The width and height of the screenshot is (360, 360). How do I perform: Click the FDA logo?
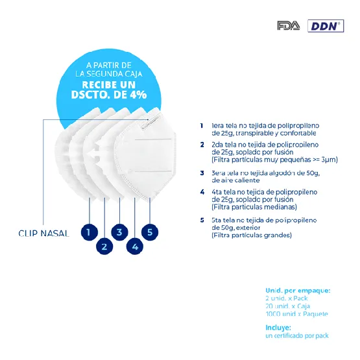click(288, 26)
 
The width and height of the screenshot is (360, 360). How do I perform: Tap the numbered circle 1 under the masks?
click(90, 231)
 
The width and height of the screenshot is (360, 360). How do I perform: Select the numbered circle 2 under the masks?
click(104, 246)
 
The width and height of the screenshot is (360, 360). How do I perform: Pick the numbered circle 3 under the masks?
click(119, 231)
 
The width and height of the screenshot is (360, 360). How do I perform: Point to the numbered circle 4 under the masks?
click(135, 246)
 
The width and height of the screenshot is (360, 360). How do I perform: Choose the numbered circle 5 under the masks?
click(150, 231)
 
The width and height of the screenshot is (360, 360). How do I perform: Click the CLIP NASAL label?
click(43, 234)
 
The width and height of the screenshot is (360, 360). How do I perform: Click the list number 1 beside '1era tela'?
click(202, 125)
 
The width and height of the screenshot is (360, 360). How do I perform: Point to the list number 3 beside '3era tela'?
click(202, 173)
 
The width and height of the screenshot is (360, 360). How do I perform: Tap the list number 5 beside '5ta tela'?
click(202, 221)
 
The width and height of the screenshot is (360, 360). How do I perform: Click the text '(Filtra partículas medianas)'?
click(254, 207)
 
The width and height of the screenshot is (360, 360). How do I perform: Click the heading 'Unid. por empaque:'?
click(298, 290)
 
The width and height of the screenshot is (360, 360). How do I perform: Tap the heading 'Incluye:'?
click(278, 328)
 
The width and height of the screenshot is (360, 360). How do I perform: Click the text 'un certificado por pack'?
click(296, 336)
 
